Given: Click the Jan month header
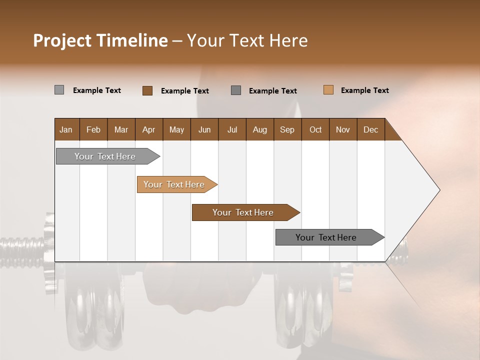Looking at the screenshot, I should click(x=66, y=129).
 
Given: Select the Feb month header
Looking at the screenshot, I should click(x=93, y=129).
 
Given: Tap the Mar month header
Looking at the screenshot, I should click(x=121, y=129).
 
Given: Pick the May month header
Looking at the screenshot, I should click(x=176, y=129).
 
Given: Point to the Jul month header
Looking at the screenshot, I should click(x=232, y=129).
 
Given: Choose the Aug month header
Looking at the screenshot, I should click(x=259, y=129).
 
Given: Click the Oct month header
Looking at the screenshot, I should click(x=315, y=129).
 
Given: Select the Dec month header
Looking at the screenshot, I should click(x=370, y=129).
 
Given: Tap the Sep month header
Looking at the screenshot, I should click(x=287, y=129).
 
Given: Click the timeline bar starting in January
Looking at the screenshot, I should click(x=105, y=156).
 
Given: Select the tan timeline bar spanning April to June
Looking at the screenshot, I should click(x=174, y=184).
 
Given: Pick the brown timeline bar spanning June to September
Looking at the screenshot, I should click(x=243, y=212).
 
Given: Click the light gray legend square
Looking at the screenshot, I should click(x=59, y=90).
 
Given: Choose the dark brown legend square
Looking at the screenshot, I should click(x=147, y=90).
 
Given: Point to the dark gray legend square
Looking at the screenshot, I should click(x=236, y=90).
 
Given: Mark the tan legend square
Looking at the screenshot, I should click(x=328, y=90).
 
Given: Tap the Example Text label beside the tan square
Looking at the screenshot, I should click(x=364, y=90).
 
